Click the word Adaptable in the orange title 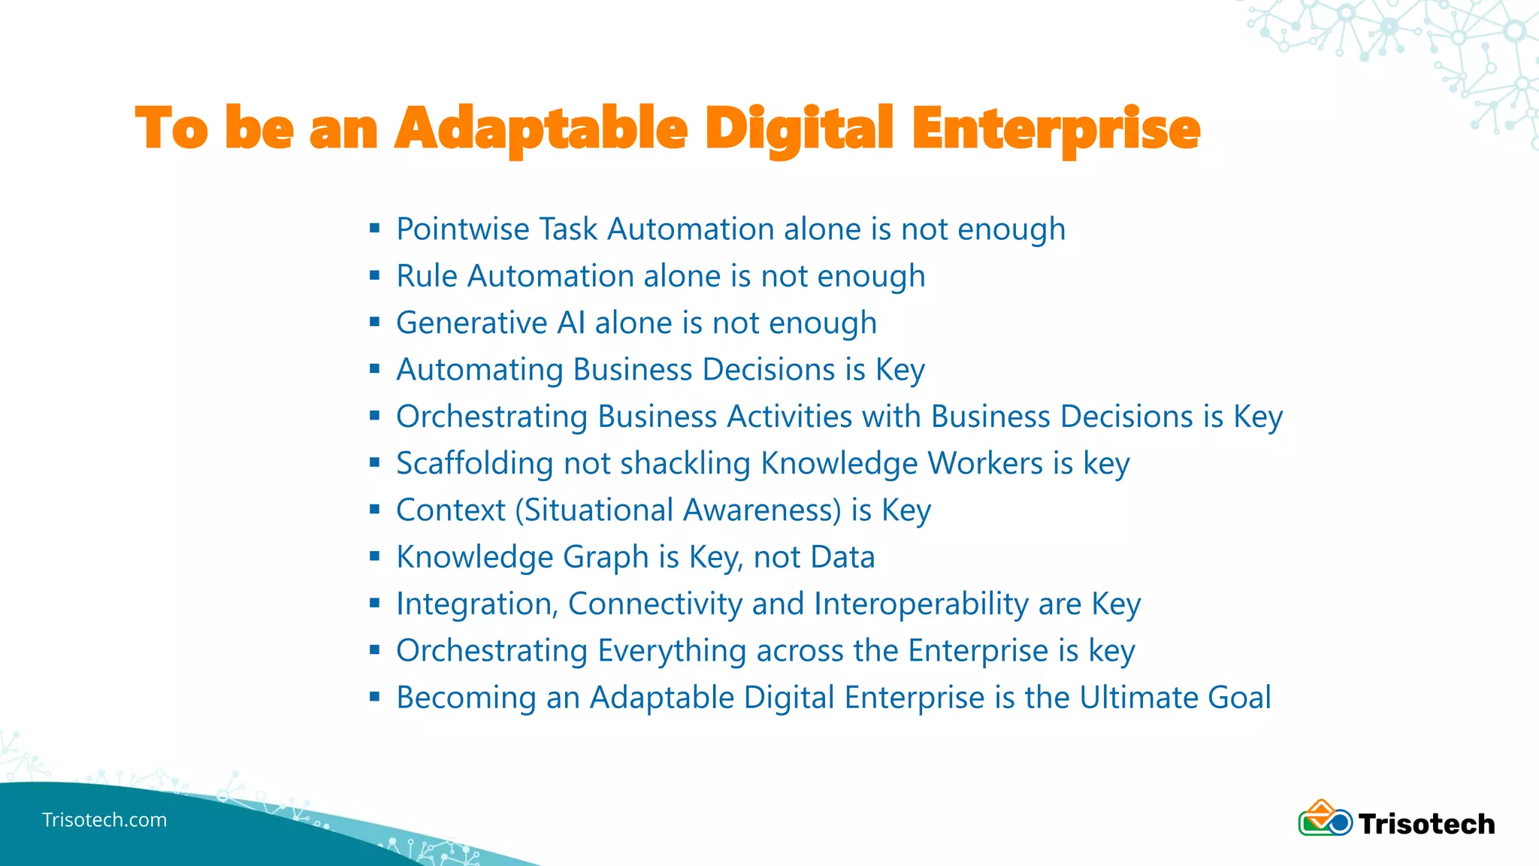point(541,129)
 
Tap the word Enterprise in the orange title point(1055,129)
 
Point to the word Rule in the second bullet point(426,276)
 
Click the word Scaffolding point(474,464)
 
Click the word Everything point(671,651)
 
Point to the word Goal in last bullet point(1239,698)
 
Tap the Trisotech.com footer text point(104,820)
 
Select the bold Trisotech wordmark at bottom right point(1426,824)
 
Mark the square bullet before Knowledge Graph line point(375,557)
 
